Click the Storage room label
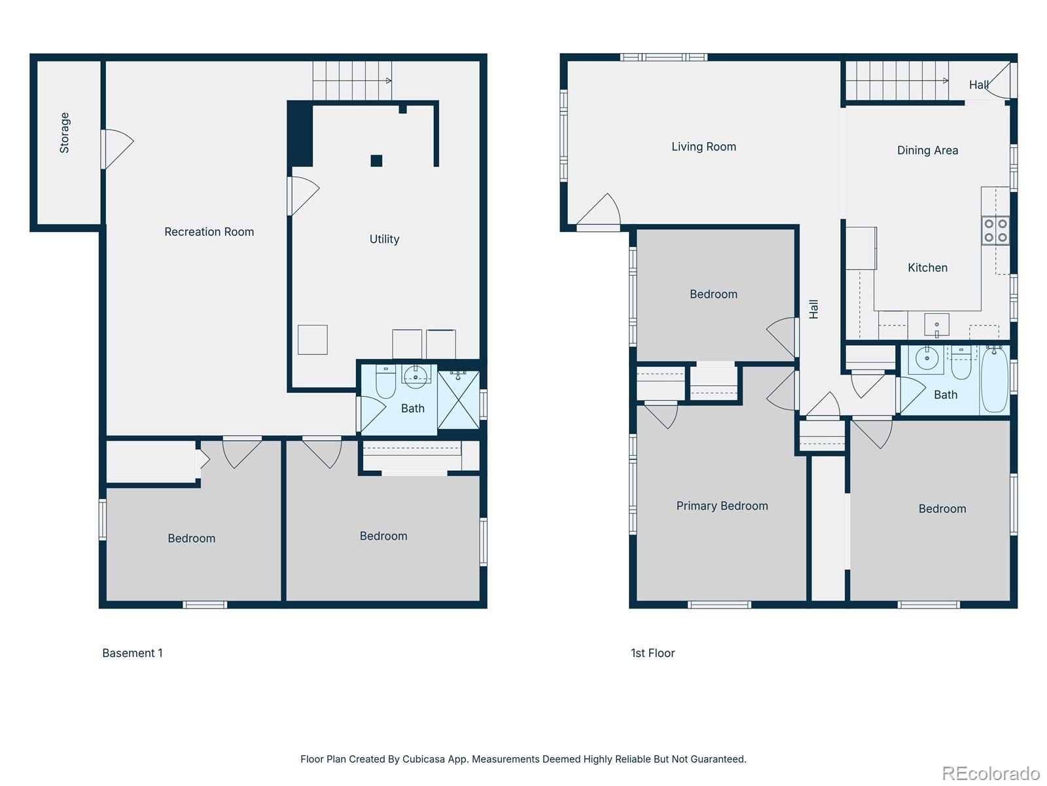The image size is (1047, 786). click(65, 133)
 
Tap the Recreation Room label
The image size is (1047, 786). click(209, 232)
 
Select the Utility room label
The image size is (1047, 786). click(384, 239)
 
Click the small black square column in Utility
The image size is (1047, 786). click(376, 160)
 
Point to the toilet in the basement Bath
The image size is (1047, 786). click(385, 383)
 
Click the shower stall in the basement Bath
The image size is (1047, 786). click(459, 400)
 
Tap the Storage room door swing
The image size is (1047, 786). click(118, 149)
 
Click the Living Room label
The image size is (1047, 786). click(703, 147)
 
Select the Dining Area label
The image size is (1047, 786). click(927, 151)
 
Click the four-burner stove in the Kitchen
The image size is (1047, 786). click(995, 231)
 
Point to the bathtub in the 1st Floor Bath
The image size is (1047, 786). click(995, 380)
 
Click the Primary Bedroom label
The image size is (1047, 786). click(722, 506)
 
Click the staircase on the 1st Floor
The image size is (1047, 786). click(896, 81)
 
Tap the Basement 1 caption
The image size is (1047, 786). click(132, 653)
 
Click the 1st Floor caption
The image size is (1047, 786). click(652, 653)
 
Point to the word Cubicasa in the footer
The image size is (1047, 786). click(425, 759)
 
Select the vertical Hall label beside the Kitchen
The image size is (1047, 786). click(813, 309)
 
